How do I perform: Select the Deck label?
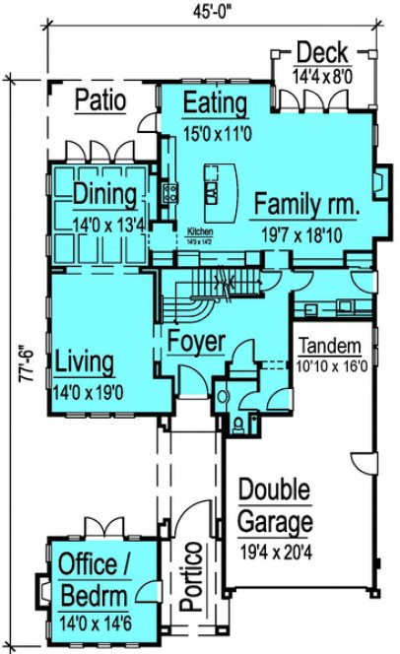click(321, 52)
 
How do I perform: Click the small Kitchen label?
click(201, 232)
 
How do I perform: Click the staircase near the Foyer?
click(190, 300)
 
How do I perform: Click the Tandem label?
click(330, 348)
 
